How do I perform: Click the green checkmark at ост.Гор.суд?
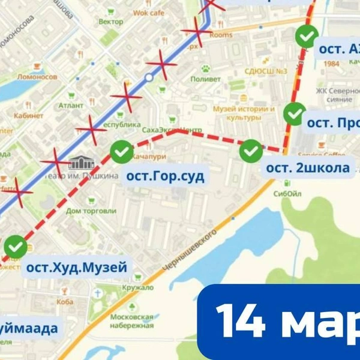[x=122, y=152]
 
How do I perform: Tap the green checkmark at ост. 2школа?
[x=251, y=151]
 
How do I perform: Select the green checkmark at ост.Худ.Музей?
[x=16, y=246]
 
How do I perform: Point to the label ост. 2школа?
[x=307, y=168]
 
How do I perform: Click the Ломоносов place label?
[x=38, y=77]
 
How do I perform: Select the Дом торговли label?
[x=91, y=211]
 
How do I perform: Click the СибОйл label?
[x=286, y=194]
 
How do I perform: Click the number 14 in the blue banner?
[x=240, y=321]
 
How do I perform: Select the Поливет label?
[x=206, y=79]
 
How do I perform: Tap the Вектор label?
[x=110, y=22]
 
